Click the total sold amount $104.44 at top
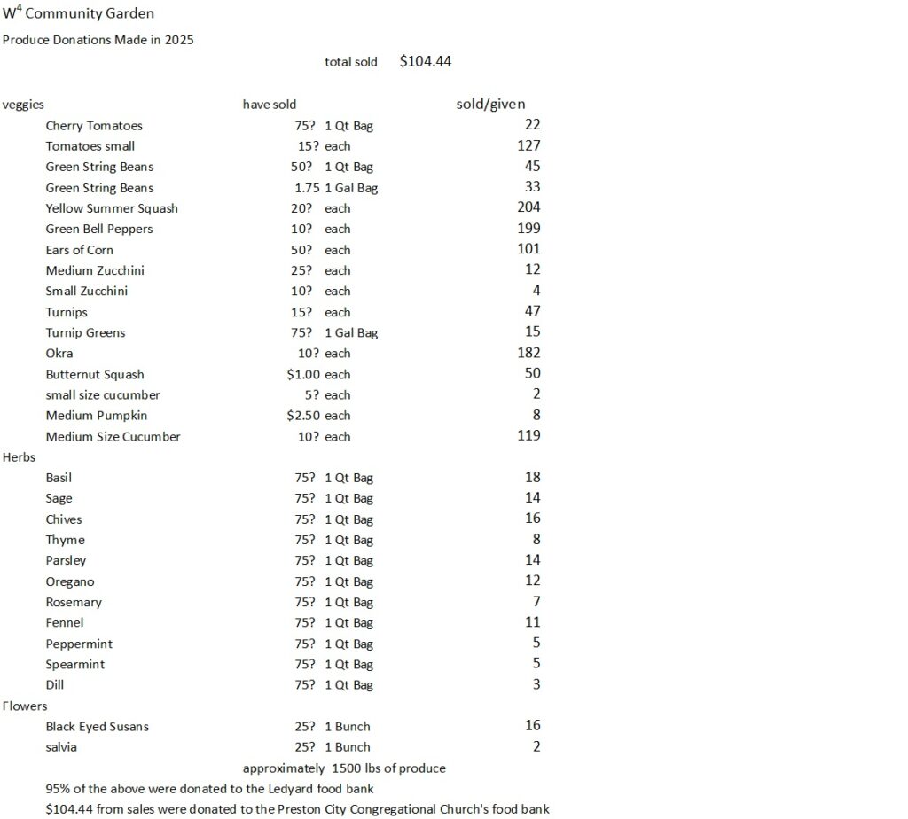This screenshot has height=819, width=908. [427, 61]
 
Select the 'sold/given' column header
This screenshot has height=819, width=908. [490, 104]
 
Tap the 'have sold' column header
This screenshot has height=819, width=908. [270, 105]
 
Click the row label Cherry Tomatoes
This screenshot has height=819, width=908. [94, 126]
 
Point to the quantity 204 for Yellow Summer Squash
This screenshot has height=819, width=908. [528, 207]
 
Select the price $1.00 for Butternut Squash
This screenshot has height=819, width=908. [303, 374]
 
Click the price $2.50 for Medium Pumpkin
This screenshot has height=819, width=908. [303, 415]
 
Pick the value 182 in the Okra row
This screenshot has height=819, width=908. [528, 353]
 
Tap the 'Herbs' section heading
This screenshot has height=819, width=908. [19, 456]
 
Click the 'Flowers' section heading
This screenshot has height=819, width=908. [25, 706]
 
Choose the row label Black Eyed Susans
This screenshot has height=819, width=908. [98, 726]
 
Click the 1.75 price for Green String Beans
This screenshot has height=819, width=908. [307, 187]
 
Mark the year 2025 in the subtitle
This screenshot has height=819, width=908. [179, 40]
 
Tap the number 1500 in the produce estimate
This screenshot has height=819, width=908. [348, 768]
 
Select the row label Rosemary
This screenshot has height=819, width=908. [74, 602]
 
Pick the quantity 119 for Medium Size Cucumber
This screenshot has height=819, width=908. [528, 435]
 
